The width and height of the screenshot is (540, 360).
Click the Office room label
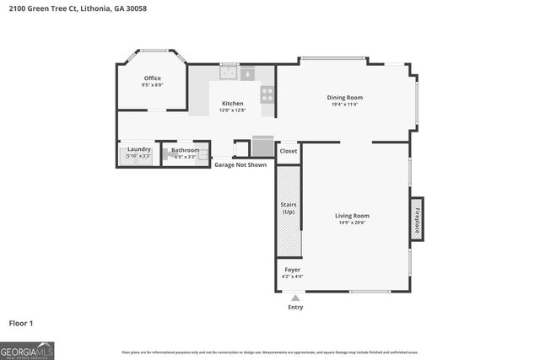click(152, 78)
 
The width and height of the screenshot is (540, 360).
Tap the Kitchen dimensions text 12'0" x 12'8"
click(232, 110)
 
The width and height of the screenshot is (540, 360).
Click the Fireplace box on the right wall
click(416, 216)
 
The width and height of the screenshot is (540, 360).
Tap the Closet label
click(289, 151)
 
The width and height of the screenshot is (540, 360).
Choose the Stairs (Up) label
click(289, 207)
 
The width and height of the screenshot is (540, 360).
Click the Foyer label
click(292, 270)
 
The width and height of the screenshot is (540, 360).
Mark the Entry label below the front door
click(295, 307)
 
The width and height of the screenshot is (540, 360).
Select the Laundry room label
click(139, 149)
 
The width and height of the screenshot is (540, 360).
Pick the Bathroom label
click(185, 150)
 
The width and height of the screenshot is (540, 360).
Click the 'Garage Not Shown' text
click(240, 165)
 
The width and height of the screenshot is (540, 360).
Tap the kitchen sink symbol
click(229, 73)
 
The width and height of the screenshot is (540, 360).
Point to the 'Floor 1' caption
click(21, 323)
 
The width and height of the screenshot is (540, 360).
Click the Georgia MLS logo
click(27, 349)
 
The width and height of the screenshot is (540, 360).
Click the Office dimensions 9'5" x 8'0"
click(152, 85)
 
